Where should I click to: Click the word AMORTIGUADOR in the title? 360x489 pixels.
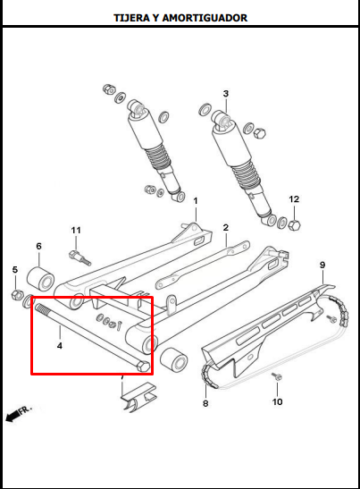(205, 18)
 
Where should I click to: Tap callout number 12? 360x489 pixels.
(294, 199)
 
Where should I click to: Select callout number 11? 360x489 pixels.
(76, 230)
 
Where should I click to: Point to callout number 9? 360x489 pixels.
(322, 265)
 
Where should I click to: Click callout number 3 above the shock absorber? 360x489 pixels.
(226, 93)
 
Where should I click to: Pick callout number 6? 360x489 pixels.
(38, 246)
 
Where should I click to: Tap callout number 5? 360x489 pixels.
(15, 269)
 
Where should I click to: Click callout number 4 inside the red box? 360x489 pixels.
(60, 346)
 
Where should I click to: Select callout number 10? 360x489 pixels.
(277, 401)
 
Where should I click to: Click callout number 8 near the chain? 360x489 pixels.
(205, 403)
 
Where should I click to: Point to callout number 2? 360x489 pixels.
(226, 227)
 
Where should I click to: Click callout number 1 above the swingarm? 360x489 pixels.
(196, 200)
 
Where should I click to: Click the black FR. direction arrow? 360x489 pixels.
(12, 417)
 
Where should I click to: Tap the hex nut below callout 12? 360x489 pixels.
(294, 225)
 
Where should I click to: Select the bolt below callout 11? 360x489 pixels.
(80, 257)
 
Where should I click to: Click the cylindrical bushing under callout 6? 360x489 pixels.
(40, 279)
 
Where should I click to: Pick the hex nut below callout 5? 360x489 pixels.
(17, 295)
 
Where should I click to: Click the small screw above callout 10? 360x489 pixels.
(277, 376)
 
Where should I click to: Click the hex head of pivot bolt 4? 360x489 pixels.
(143, 366)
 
